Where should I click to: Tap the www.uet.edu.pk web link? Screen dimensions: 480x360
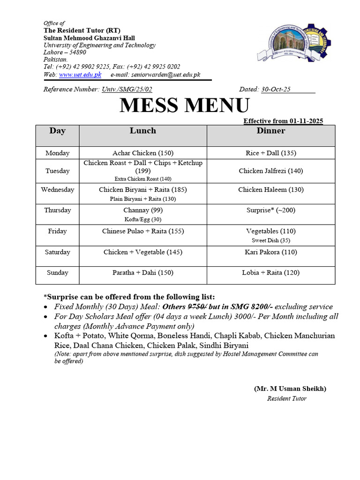(x=80, y=75)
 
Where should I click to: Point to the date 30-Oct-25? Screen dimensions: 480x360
(x=276, y=89)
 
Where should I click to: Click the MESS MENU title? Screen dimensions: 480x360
(x=184, y=106)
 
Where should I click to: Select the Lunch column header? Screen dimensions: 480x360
(x=143, y=131)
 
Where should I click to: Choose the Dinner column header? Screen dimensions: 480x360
(x=270, y=131)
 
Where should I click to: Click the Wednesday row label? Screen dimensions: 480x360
(x=57, y=190)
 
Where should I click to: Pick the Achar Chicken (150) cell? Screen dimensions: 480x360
(x=143, y=153)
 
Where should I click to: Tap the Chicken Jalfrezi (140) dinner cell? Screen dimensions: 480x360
(x=270, y=171)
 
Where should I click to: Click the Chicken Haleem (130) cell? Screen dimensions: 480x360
(x=270, y=190)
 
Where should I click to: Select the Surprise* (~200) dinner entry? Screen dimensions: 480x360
(x=270, y=210)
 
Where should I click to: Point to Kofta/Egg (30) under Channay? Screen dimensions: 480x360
(x=143, y=219)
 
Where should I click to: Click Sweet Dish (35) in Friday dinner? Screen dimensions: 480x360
(x=270, y=240)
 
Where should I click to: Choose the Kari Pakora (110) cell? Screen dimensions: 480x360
(x=270, y=252)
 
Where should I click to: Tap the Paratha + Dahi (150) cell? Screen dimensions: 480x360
(x=143, y=273)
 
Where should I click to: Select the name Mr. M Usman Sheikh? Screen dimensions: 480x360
(x=290, y=389)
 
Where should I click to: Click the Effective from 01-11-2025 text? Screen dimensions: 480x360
(x=283, y=121)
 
